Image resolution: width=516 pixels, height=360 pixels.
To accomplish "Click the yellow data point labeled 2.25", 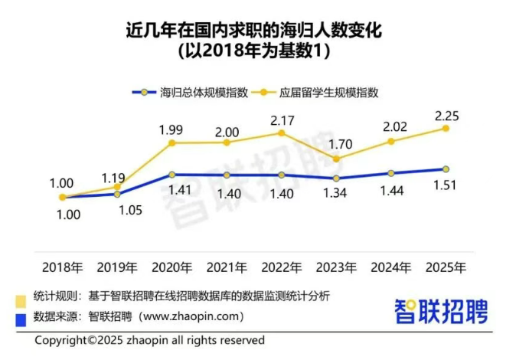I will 446,129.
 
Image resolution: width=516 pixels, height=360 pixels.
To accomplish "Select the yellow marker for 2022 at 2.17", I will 282,133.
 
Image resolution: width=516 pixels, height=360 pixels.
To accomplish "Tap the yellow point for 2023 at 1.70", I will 337,159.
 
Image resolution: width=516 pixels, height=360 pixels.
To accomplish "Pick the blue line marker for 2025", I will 446,169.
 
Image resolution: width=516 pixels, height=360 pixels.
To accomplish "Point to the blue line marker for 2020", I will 172,175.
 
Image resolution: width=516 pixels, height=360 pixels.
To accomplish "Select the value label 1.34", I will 336,193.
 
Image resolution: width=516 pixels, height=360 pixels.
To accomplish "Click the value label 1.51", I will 446,186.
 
